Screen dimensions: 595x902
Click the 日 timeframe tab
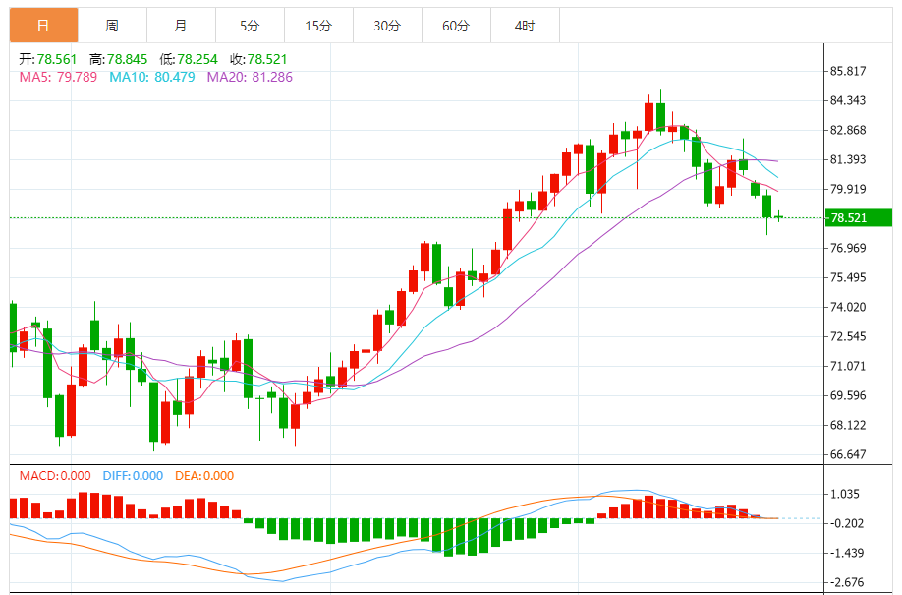[x=43, y=25]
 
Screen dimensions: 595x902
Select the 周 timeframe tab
[x=112, y=26]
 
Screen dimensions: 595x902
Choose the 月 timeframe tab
[x=181, y=26]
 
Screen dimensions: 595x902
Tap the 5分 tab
[x=250, y=26]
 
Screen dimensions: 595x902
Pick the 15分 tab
[x=318, y=26]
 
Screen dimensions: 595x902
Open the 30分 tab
[x=387, y=26]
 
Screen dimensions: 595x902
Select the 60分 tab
[x=456, y=26]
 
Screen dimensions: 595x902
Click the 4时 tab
[x=525, y=26]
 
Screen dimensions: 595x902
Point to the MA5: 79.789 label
[x=58, y=76]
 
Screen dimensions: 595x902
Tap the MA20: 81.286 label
[x=249, y=76]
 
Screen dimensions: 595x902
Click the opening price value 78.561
[x=57, y=59]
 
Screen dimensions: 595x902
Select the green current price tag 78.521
[x=857, y=218]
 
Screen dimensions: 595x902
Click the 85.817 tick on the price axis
[x=847, y=71]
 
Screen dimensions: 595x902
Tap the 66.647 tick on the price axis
[x=847, y=454]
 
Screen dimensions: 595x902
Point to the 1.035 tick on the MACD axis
[x=845, y=494]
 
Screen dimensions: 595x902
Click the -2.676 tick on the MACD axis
[x=845, y=582]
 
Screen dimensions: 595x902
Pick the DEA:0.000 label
[x=204, y=476]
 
